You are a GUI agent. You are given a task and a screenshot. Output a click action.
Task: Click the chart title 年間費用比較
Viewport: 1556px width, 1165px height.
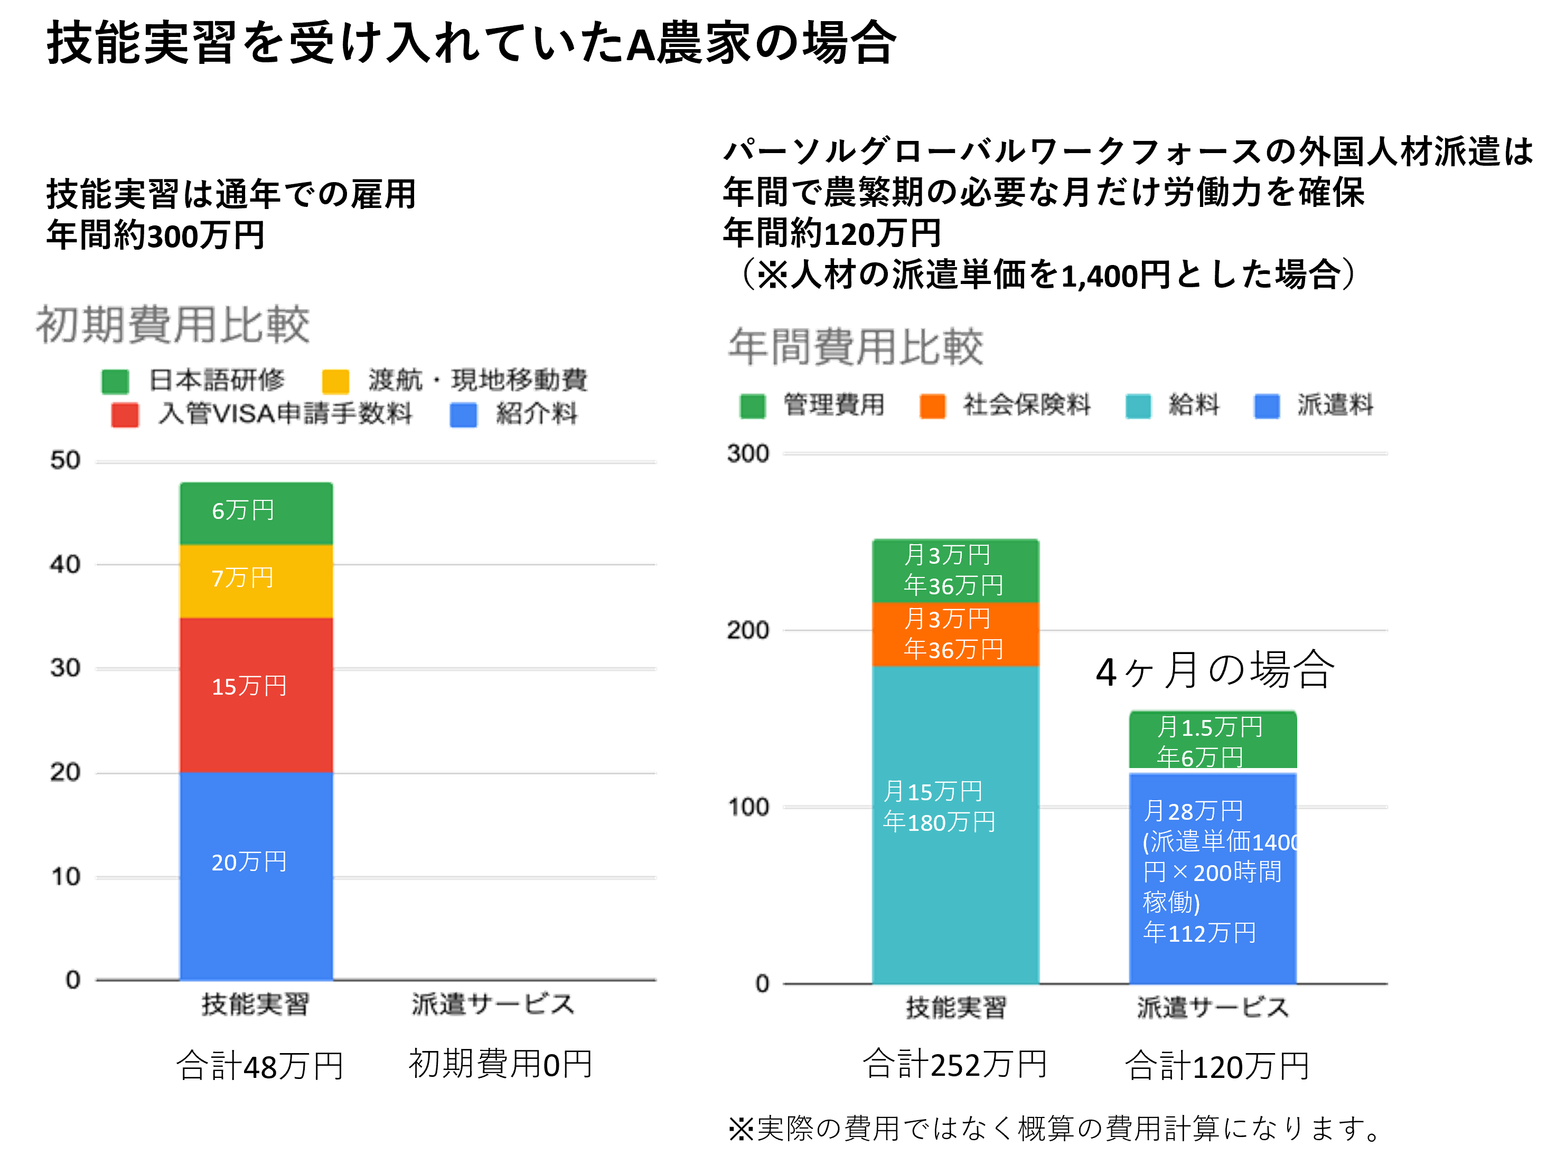point(856,347)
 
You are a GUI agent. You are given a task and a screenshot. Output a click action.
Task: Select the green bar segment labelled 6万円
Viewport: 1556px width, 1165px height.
point(256,513)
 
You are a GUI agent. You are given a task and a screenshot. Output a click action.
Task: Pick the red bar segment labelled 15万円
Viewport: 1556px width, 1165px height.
point(256,695)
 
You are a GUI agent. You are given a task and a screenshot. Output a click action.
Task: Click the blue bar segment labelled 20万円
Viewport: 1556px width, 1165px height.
point(256,875)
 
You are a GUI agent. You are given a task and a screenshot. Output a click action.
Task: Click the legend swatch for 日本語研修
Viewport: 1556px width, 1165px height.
point(115,381)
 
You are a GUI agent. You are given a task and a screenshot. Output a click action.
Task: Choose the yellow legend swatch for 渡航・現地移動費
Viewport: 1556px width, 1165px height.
point(335,381)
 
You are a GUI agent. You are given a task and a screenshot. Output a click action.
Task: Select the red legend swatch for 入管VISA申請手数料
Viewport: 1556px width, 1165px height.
point(125,415)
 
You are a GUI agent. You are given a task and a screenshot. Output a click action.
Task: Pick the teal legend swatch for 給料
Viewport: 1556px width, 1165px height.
point(1138,406)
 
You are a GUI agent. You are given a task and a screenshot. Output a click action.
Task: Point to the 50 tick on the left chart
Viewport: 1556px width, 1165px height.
point(65,460)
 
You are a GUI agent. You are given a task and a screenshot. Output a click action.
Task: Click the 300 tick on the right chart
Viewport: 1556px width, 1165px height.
point(748,453)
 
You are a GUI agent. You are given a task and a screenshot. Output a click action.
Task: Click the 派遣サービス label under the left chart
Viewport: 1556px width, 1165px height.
point(492,1004)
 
